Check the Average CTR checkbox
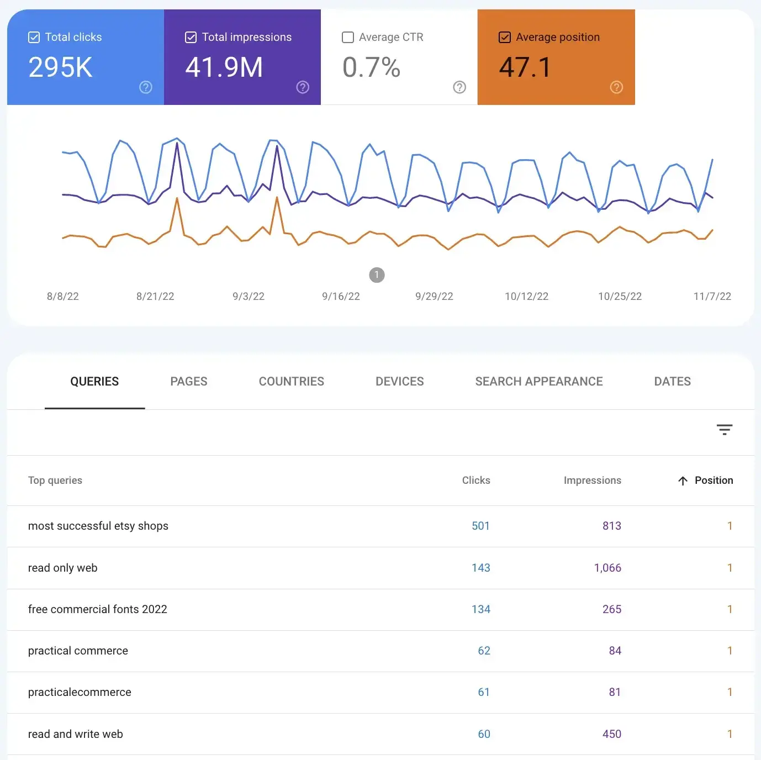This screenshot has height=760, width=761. pyautogui.click(x=348, y=38)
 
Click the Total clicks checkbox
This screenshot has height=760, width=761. pyautogui.click(x=34, y=38)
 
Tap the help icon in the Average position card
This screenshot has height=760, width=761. pyautogui.click(x=616, y=87)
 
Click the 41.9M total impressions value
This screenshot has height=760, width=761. pyautogui.click(x=224, y=67)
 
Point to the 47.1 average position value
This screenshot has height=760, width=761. pyautogui.click(x=525, y=67)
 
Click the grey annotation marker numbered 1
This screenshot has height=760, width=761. pyautogui.click(x=377, y=275)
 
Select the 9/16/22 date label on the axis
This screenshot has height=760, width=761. pyautogui.click(x=341, y=297)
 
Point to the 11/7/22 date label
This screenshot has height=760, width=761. pyautogui.click(x=712, y=297)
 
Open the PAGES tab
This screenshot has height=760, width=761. pyautogui.click(x=188, y=382)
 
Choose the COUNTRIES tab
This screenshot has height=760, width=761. pyautogui.click(x=291, y=382)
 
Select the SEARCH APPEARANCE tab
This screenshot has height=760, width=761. pyautogui.click(x=538, y=382)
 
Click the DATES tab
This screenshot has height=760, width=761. pyautogui.click(x=672, y=382)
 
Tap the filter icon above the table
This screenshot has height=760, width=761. pyautogui.click(x=724, y=430)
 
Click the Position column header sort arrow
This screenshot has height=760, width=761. pyautogui.click(x=683, y=481)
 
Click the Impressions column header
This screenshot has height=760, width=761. pyautogui.click(x=592, y=481)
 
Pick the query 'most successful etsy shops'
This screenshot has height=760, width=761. pyautogui.click(x=98, y=526)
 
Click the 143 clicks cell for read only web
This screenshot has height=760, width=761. pyautogui.click(x=480, y=568)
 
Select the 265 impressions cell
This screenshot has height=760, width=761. pyautogui.click(x=611, y=609)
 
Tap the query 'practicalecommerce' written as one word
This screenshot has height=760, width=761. pyautogui.click(x=80, y=693)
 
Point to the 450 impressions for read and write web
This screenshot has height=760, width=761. pyautogui.click(x=611, y=734)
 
